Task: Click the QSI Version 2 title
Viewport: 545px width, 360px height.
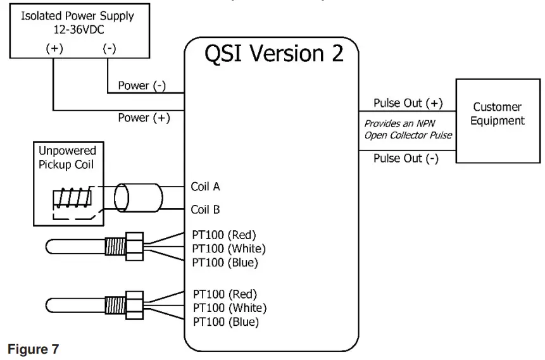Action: click(273, 54)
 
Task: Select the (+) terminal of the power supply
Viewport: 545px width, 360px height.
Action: click(54, 49)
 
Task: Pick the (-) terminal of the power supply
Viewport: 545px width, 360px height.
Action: click(109, 49)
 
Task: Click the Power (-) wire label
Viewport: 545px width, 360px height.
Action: click(142, 85)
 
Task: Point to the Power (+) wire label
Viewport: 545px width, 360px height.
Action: click(144, 118)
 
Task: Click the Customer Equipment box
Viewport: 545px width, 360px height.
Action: click(497, 121)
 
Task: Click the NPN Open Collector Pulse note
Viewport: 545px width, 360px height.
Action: click(408, 130)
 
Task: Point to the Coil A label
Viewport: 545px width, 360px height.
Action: click(205, 187)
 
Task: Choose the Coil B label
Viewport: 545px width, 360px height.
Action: click(205, 209)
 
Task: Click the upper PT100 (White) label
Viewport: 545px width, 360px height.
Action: click(229, 248)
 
